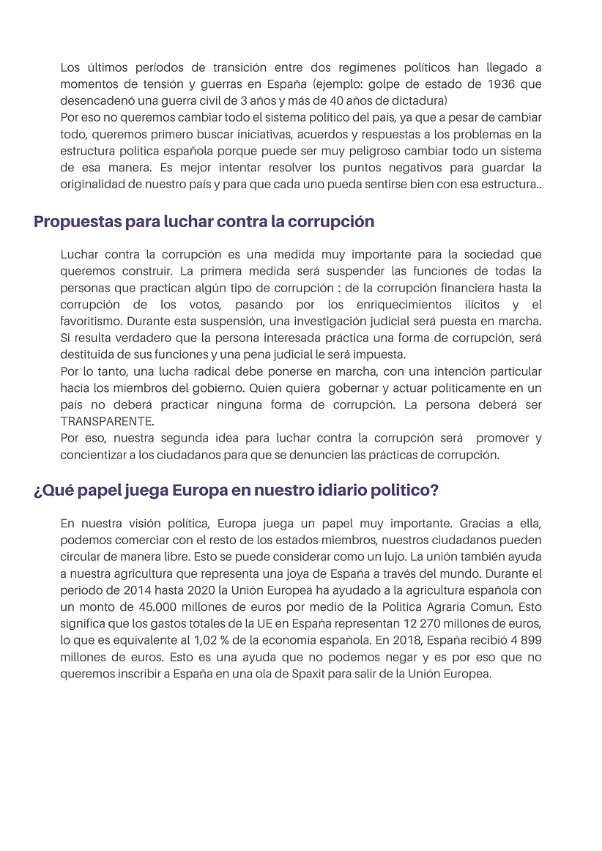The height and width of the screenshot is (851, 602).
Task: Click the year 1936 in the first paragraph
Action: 502,84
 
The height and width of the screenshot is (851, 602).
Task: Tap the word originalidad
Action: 94,185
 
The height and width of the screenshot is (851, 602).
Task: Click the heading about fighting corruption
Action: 204,221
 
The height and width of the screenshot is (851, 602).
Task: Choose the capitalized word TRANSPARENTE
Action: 107,422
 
